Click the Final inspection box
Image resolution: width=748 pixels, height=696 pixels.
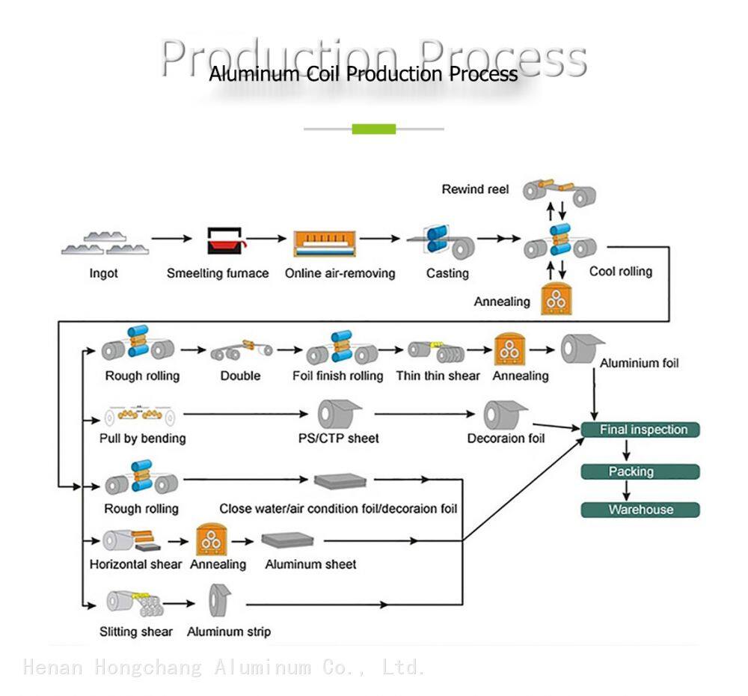[640, 430]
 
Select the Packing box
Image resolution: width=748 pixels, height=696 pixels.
[640, 471]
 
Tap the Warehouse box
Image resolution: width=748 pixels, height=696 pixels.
[640, 510]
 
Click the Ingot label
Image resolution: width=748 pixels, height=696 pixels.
[103, 273]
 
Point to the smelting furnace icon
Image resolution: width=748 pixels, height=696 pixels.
[224, 241]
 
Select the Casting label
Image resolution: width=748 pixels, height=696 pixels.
[447, 273]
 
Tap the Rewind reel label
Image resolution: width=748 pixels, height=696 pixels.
[475, 189]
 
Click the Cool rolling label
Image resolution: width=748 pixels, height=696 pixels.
[621, 271]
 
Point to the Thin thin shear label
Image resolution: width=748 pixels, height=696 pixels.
[438, 376]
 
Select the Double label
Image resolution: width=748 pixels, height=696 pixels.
[240, 376]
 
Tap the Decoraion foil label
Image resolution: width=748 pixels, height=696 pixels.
[506, 438]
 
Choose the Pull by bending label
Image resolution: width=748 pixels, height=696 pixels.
[143, 438]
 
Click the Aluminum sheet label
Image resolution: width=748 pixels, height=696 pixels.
[310, 564]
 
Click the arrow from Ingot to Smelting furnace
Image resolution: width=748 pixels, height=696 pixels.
[171, 239]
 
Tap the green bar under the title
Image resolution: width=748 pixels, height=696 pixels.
[374, 129]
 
